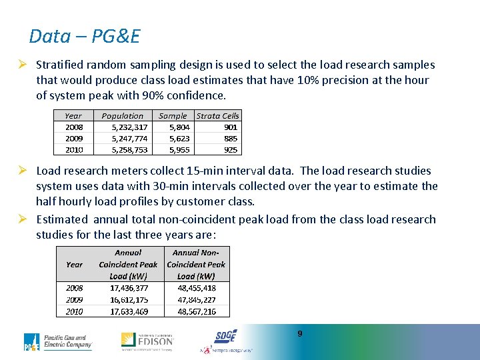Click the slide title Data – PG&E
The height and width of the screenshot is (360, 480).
85,36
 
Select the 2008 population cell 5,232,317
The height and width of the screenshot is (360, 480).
130,127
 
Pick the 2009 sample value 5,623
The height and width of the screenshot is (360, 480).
179,139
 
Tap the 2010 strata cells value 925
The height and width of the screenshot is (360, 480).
230,150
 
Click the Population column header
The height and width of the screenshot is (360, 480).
123,115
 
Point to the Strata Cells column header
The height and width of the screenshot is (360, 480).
217,115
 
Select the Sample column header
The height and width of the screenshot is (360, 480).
173,115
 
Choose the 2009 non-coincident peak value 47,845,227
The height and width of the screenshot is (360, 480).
196,300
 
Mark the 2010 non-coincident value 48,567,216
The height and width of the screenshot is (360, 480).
196,311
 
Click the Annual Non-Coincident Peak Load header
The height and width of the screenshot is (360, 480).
196,264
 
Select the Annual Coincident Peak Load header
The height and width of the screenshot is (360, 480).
128,264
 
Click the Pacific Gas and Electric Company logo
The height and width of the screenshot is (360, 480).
58,342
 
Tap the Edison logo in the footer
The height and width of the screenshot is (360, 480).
147,341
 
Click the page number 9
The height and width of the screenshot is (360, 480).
300,333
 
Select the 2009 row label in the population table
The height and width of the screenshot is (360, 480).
74,139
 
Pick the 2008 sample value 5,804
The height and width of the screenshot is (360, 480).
179,127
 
